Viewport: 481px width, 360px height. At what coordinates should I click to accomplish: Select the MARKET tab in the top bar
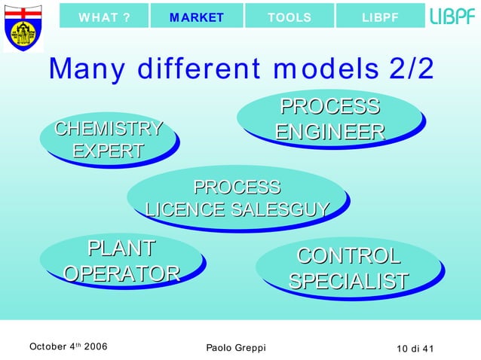click(x=197, y=17)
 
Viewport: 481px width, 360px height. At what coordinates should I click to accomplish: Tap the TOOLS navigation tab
click(x=290, y=17)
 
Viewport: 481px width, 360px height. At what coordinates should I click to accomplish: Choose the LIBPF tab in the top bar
click(x=380, y=17)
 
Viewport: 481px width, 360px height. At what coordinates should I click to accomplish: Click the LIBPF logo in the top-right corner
click(x=452, y=17)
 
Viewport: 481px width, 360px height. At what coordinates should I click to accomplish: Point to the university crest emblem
click(x=23, y=27)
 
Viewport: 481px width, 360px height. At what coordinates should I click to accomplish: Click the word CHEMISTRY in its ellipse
click(x=109, y=129)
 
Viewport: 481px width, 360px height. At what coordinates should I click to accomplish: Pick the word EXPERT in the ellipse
click(x=108, y=151)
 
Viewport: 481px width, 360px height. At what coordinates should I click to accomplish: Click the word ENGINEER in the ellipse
click(x=329, y=133)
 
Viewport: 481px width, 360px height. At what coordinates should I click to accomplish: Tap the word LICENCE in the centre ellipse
click(x=182, y=209)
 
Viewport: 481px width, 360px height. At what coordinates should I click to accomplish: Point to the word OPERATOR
click(x=121, y=273)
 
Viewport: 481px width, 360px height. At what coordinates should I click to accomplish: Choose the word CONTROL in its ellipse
click(x=348, y=256)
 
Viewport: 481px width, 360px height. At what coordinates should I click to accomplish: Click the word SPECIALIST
click(x=348, y=281)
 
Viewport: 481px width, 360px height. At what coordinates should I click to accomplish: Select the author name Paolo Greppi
click(x=235, y=347)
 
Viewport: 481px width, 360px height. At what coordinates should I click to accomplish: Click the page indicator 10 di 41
click(x=421, y=347)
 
